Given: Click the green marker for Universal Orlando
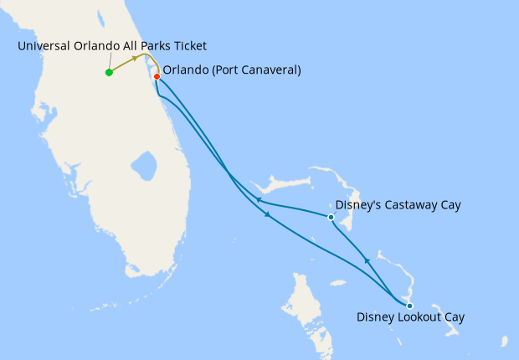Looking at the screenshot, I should [x=109, y=72].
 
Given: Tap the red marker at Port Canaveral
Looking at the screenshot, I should [x=157, y=76].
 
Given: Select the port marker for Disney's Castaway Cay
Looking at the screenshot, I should [x=331, y=218].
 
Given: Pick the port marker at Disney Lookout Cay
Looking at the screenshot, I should [x=409, y=306].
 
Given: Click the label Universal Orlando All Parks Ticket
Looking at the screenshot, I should [x=111, y=45].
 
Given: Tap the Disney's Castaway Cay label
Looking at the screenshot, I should [x=398, y=204].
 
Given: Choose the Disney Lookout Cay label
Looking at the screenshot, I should [x=410, y=317].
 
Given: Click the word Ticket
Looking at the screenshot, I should [x=188, y=45].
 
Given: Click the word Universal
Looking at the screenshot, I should [x=44, y=45].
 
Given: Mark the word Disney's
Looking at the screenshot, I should [x=357, y=204].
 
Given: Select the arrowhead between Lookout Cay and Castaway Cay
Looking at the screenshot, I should [x=367, y=262].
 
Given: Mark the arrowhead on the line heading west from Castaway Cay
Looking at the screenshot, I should [x=259, y=200].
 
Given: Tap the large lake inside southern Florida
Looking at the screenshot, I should [x=144, y=166].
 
